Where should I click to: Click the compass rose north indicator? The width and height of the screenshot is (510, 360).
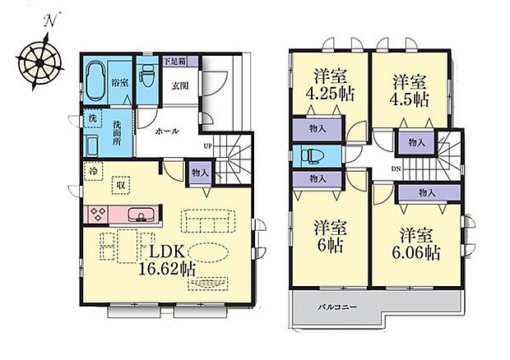tap(50, 21)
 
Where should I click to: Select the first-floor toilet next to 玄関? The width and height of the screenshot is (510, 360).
tap(146, 76)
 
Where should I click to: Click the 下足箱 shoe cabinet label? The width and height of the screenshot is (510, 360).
tap(174, 61)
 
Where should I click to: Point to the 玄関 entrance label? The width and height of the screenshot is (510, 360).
tap(180, 86)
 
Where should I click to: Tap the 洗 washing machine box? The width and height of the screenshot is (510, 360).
tap(93, 118)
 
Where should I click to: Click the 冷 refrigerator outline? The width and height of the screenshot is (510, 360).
tap(93, 171)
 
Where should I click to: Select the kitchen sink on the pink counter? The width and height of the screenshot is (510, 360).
tap(141, 215)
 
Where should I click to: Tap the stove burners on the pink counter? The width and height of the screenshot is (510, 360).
tap(98, 215)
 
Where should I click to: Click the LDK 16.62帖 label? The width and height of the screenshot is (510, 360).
tap(167, 261)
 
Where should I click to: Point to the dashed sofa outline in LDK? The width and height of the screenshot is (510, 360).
tap(208, 221)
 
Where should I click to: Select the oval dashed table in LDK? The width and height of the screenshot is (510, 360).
tap(208, 252)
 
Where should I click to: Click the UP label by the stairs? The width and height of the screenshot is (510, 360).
tap(208, 146)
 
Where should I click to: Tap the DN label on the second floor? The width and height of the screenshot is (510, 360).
tap(396, 168)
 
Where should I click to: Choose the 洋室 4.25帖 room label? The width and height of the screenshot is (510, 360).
tap(330, 85)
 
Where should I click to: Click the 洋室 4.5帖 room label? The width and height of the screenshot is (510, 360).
tap(409, 90)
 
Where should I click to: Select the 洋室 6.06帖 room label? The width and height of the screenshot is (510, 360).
tap(416, 243)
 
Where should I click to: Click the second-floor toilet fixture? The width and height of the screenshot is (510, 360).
tap(310, 156)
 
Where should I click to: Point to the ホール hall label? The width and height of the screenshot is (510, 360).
tap(168, 132)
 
